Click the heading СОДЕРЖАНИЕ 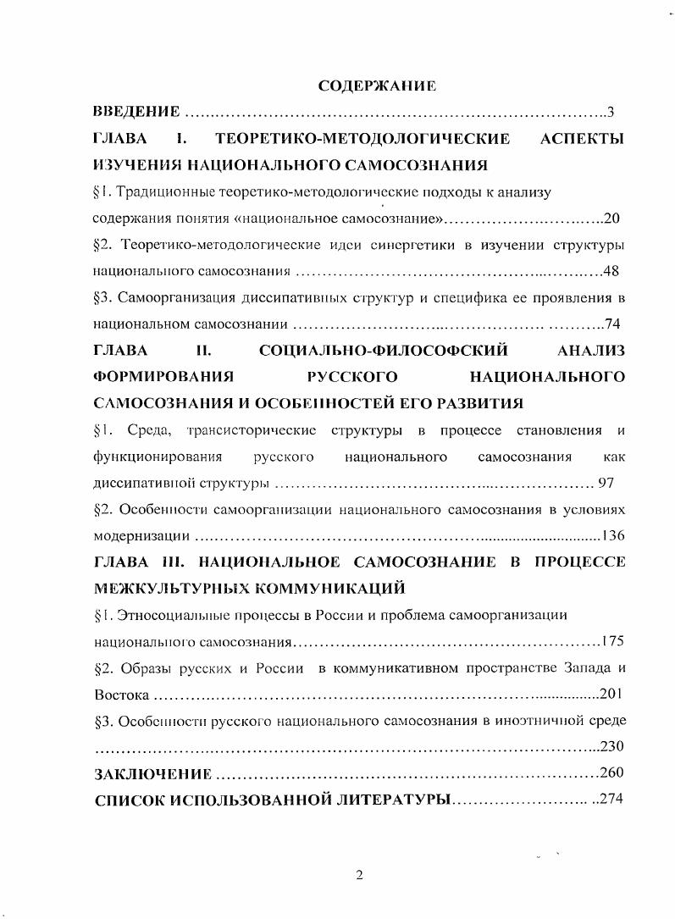click(376, 86)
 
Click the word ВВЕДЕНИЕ click(136, 112)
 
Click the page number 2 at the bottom click(359, 875)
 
